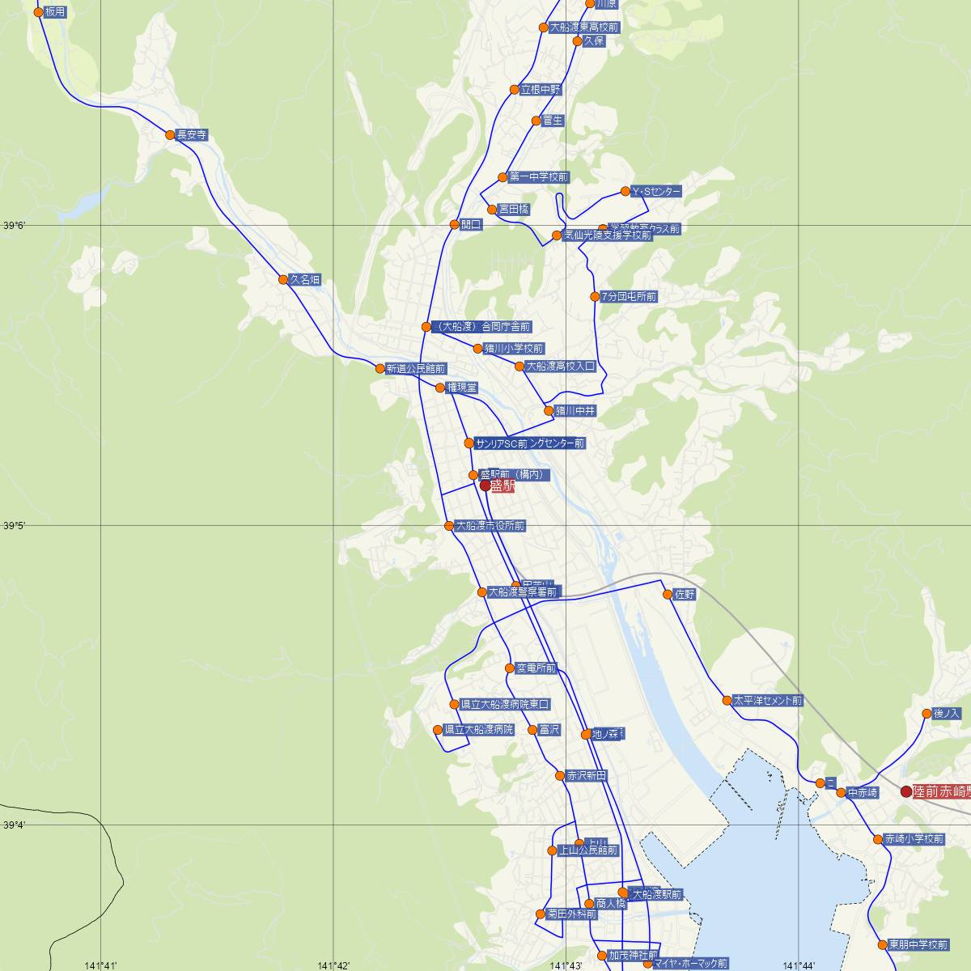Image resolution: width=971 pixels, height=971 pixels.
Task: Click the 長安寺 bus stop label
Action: pos(192,135)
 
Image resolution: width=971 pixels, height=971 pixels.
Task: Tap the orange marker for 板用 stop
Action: pos(38,12)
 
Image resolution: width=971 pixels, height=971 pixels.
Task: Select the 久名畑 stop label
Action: pos(305,280)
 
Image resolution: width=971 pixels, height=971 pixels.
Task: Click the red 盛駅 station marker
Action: pos(485,485)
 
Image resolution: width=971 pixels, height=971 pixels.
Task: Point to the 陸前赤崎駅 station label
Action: pos(941,792)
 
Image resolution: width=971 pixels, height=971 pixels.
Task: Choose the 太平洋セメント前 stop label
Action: pos(768,701)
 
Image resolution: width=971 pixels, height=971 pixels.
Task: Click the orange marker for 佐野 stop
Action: pos(668,594)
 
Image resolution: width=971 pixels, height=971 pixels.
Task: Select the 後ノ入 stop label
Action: pos(947,714)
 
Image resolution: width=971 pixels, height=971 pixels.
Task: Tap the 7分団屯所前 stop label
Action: pos(630,297)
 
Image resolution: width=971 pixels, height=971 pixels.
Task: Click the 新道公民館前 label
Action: pos(416,369)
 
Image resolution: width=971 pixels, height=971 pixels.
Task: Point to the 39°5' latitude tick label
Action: pos(15,526)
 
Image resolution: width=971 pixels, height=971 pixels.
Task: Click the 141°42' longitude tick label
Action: pos(333,965)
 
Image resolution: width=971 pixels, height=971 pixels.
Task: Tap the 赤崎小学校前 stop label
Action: pos(914,839)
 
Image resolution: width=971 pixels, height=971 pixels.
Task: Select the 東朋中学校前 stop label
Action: pos(918,944)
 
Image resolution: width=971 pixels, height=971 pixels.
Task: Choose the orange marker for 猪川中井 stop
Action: pos(549,411)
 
